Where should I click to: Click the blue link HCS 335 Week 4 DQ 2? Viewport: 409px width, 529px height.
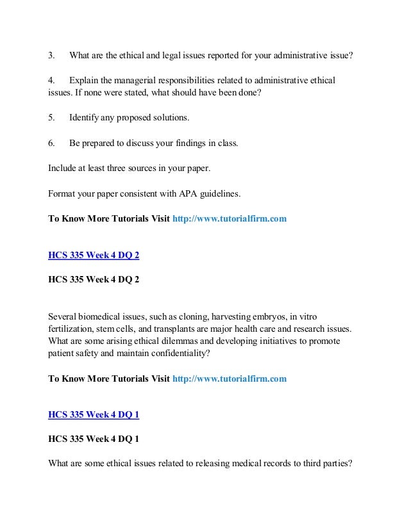coord(94,255)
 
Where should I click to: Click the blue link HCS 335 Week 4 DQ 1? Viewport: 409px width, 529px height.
coord(94,414)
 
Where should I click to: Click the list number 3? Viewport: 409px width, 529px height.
coord(51,55)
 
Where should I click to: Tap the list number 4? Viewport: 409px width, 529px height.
coord(51,81)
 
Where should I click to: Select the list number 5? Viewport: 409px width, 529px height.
coord(51,118)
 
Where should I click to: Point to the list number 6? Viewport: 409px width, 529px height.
coord(51,143)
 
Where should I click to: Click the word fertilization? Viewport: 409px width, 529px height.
coord(72,329)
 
